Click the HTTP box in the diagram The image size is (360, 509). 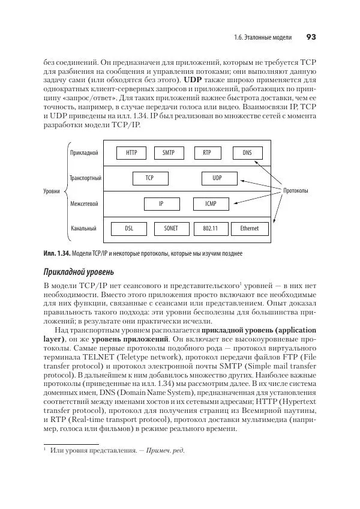(131, 153)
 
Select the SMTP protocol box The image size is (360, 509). (169, 153)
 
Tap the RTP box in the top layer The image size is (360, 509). (207, 153)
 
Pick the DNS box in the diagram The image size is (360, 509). (247, 153)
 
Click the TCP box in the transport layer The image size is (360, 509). (150, 178)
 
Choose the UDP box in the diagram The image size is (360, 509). (217, 178)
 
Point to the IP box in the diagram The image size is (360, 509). (161, 203)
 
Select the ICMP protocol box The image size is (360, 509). (211, 203)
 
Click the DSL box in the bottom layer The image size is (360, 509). (129, 229)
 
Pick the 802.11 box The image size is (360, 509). (211, 229)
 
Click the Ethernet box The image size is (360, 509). (250, 229)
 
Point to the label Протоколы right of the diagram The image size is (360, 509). (295, 191)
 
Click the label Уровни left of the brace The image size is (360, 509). (52, 191)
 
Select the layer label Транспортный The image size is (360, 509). (85, 178)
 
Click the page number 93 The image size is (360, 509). (310, 37)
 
